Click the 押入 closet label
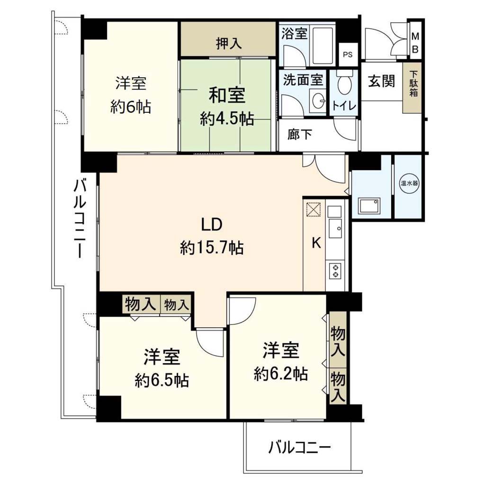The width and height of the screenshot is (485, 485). point(229,44)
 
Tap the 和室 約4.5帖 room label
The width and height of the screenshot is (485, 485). point(227,107)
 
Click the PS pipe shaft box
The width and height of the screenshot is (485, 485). point(348,54)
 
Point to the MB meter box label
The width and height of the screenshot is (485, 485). point(415,43)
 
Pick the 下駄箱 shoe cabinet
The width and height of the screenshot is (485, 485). point(412,88)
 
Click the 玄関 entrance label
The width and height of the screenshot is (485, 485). point(381,81)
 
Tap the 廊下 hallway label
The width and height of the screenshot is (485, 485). point(299,134)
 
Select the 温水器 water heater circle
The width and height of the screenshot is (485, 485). point(410,183)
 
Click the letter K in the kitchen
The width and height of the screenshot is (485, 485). point(316,243)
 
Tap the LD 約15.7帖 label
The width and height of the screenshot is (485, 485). point(212,236)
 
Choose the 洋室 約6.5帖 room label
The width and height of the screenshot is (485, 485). point(162,368)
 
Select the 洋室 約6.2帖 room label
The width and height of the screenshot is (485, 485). point(281,362)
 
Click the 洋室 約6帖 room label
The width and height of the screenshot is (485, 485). point(131,95)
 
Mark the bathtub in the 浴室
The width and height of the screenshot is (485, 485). point(323,46)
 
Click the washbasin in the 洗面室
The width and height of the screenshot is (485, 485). point(318,100)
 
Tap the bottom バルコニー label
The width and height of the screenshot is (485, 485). point(299,447)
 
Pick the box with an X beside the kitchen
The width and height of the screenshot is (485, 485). point(314,209)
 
